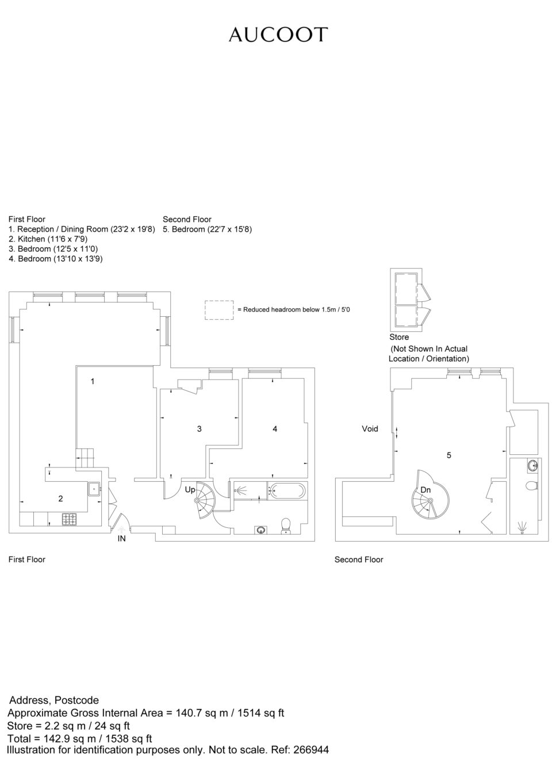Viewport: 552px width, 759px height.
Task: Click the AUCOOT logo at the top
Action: click(x=278, y=34)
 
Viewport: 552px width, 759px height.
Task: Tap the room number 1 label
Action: click(x=93, y=382)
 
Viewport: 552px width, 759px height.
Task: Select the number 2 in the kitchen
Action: click(x=60, y=499)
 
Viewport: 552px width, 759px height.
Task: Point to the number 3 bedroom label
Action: click(x=200, y=429)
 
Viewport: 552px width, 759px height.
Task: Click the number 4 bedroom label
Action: click(x=275, y=429)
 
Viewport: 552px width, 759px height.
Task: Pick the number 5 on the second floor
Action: click(x=449, y=455)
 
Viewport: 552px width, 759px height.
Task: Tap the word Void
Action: click(x=370, y=428)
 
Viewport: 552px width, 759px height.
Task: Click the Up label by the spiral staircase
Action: click(x=190, y=490)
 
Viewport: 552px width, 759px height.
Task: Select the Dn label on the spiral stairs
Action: click(x=425, y=490)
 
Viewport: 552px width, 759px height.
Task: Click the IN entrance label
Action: click(x=121, y=538)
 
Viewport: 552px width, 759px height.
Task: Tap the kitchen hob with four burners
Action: click(x=69, y=519)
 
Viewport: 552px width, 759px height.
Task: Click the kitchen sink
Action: click(x=94, y=489)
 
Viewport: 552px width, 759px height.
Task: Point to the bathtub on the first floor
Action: click(x=287, y=490)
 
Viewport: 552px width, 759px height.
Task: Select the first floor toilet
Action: click(x=286, y=526)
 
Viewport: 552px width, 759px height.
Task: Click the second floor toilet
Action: click(x=532, y=486)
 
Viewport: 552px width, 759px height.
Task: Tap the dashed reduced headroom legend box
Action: click(x=219, y=310)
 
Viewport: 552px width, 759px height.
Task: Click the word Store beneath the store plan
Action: click(x=399, y=337)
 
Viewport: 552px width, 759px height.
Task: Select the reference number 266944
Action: click(x=311, y=750)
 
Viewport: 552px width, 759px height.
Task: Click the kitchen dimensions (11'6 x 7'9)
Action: click(x=67, y=239)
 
